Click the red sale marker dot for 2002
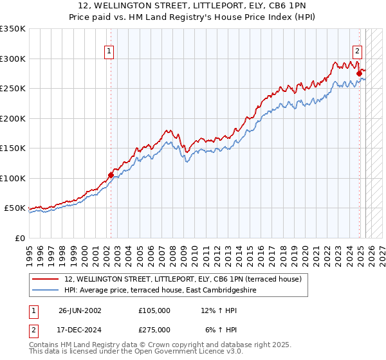111,175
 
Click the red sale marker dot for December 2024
359,73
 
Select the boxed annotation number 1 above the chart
109,53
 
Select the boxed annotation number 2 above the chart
357,53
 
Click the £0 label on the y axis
21,238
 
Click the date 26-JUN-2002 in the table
80,310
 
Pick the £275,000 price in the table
154,330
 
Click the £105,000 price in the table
154,310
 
